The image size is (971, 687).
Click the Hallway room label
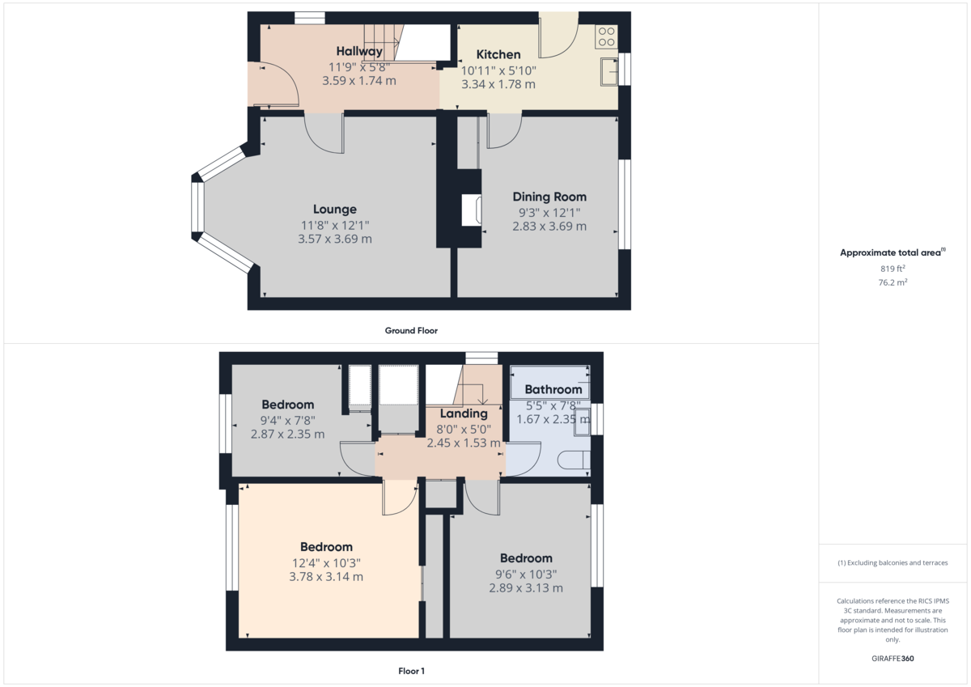pos(359,52)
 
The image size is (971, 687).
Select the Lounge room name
pos(335,209)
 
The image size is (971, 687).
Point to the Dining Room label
pos(549,197)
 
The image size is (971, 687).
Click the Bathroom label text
pos(553,389)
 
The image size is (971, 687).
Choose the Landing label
pos(464,413)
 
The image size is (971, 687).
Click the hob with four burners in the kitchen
pos(606,36)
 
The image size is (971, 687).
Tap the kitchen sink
pos(608,72)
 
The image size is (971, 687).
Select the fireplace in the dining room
pos(470,210)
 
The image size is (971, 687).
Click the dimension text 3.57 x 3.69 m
pos(335,240)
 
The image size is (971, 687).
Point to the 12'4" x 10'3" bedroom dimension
pos(326,562)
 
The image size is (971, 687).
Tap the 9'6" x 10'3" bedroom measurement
pos(525,574)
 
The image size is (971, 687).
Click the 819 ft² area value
pos(893,269)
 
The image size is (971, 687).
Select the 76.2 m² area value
pos(893,282)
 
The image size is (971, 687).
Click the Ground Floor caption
pos(411,330)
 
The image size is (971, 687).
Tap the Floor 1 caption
pos(411,671)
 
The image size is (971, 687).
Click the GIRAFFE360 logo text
pos(893,659)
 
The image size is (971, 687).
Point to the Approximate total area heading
pos(892,252)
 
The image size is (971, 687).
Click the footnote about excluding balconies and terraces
pos(893,562)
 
